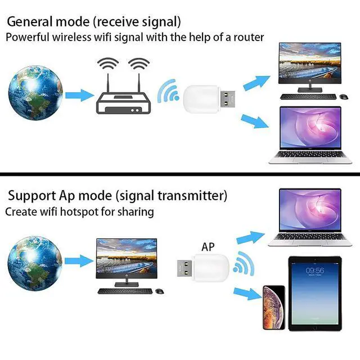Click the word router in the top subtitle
click(x=249, y=38)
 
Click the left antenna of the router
click(x=108, y=83)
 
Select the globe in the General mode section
click(x=35, y=93)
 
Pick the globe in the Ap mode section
click(x=35, y=263)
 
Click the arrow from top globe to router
click(x=79, y=95)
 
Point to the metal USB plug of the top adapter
click(x=227, y=99)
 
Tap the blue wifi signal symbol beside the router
click(x=168, y=92)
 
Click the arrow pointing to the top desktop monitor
click(x=256, y=83)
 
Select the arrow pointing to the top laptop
click(x=255, y=121)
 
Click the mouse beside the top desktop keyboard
click(x=344, y=97)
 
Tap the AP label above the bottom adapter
click(x=208, y=247)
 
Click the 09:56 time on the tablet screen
click(x=315, y=271)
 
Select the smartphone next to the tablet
click(x=274, y=308)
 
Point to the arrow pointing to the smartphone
click(x=247, y=294)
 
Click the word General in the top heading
click(x=30, y=22)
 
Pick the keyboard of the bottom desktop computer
click(x=125, y=291)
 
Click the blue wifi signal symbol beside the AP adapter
click(x=244, y=264)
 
